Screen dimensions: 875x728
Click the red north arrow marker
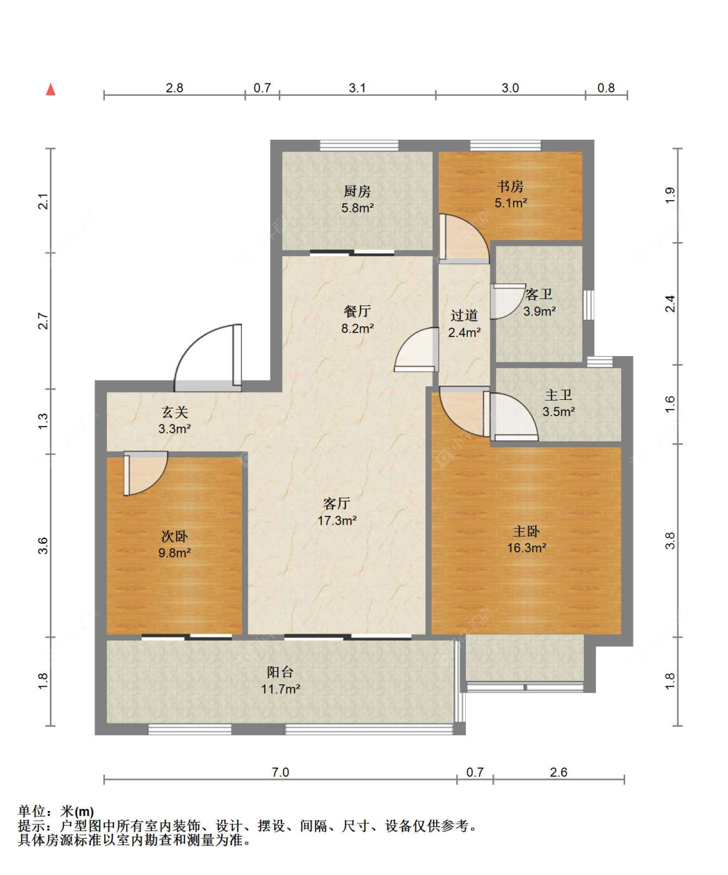tap(50, 89)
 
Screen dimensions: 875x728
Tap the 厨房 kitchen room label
tap(357, 191)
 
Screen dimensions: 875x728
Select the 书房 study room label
tap(510, 186)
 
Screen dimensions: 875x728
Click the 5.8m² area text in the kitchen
tap(357, 208)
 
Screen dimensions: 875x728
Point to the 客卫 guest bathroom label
tap(538, 294)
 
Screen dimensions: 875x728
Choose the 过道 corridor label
tap(464, 315)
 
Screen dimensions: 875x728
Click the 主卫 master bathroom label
tap(558, 395)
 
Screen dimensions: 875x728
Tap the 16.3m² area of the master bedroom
tap(526, 548)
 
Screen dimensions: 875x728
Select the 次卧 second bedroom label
tap(174, 536)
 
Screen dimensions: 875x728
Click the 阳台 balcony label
tap(280, 672)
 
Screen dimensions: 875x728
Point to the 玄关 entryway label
tap(174, 412)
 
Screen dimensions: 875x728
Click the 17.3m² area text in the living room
tap(336, 520)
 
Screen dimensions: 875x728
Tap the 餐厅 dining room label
tap(357, 311)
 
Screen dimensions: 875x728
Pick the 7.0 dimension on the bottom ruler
tap(280, 771)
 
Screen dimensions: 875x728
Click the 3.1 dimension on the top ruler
tap(357, 87)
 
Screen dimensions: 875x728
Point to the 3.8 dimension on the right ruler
tap(670, 540)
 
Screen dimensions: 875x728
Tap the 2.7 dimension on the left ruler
tap(43, 320)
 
